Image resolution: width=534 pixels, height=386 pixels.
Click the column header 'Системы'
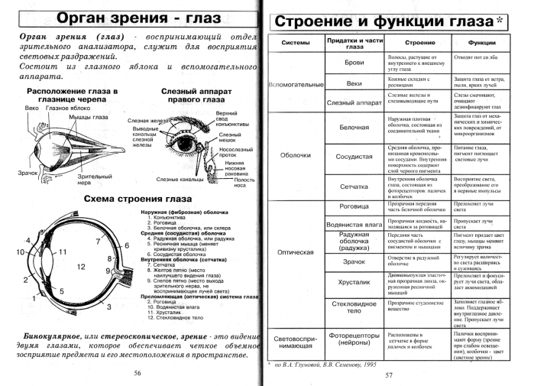click(x=296, y=43)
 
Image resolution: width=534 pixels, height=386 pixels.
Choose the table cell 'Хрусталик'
click(x=354, y=281)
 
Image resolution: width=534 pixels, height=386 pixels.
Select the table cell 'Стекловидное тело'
click(x=354, y=307)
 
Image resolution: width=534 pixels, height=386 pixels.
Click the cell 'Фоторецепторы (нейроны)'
click(x=354, y=339)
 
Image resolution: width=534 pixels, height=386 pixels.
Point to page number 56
click(x=138, y=374)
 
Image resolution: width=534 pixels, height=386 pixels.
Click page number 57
click(x=388, y=375)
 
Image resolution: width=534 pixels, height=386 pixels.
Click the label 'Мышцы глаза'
click(x=89, y=116)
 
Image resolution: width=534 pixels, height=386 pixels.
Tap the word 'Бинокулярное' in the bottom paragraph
click(x=53, y=336)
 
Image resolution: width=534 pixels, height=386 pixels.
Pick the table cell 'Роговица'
click(x=354, y=205)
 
